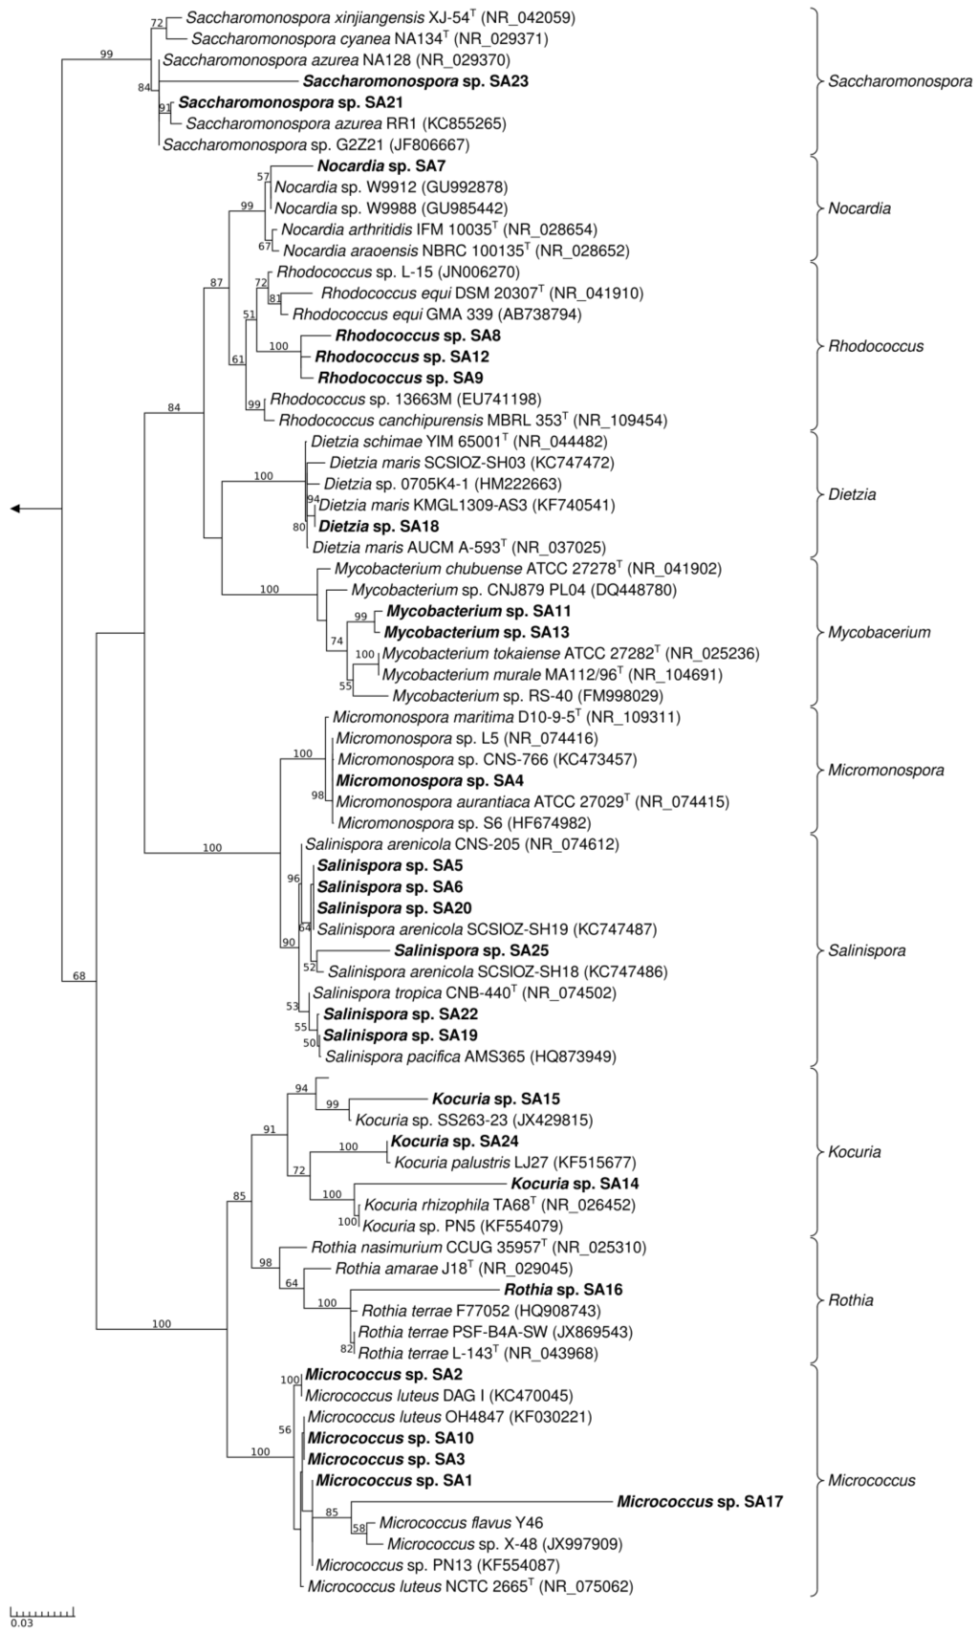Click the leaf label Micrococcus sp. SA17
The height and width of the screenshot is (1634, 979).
[x=700, y=1501]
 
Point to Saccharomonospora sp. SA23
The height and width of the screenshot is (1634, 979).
[x=415, y=81]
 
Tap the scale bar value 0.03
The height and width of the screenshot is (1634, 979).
[x=21, y=1622]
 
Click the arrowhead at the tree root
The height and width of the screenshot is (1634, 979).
[x=15, y=509]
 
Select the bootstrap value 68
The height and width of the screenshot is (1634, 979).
[x=79, y=976]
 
